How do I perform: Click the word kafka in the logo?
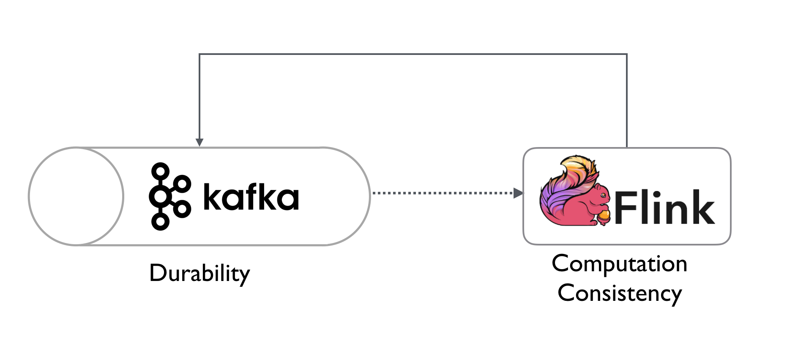(x=251, y=196)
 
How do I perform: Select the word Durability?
(x=199, y=273)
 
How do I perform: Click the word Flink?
(x=664, y=207)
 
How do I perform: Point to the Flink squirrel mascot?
(x=575, y=191)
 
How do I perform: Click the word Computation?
(x=620, y=264)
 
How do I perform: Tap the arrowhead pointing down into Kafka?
(x=199, y=142)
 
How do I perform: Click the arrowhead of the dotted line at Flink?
(x=518, y=193)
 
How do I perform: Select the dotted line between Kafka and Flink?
(x=443, y=193)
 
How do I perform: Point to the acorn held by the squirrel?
(x=604, y=217)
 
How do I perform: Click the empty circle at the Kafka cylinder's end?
(x=76, y=196)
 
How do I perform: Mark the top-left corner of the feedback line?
(x=199, y=54)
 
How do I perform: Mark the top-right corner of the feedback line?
(x=626, y=54)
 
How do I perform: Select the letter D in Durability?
(x=158, y=273)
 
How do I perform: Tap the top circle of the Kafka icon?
(x=160, y=171)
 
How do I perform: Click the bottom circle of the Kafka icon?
(x=160, y=221)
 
